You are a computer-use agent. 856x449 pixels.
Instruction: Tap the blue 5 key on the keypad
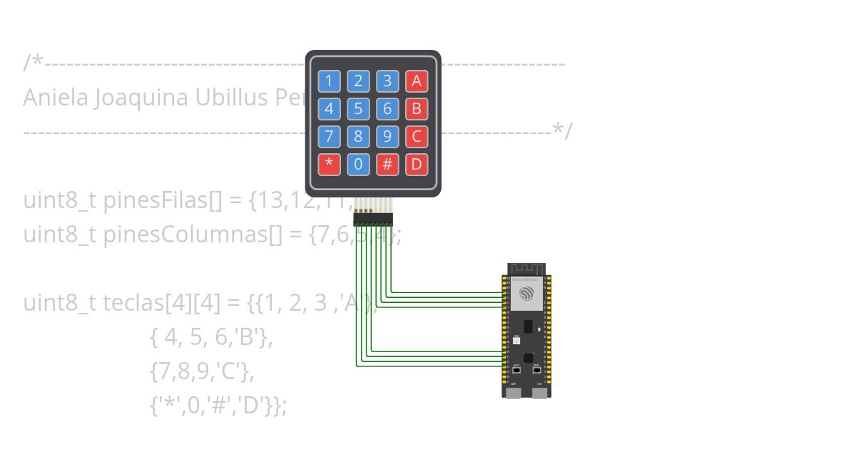[x=358, y=109]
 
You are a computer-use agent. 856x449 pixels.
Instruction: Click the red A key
[x=417, y=81]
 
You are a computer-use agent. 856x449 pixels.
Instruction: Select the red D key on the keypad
[x=417, y=165]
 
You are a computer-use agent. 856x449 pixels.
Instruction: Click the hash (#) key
[x=387, y=165]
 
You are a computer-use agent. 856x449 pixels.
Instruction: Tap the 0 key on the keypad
[x=358, y=165]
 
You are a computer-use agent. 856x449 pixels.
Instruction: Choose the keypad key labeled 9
[x=387, y=137]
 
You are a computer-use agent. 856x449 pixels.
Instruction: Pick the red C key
[x=417, y=137]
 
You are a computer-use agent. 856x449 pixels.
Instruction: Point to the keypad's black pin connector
[x=373, y=220]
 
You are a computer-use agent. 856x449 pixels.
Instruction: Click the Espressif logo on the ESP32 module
[x=526, y=294]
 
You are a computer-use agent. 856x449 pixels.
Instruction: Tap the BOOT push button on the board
[x=516, y=371]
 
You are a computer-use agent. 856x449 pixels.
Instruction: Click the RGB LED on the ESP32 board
[x=516, y=341]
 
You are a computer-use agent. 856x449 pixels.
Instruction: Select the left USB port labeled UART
[x=514, y=393]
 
